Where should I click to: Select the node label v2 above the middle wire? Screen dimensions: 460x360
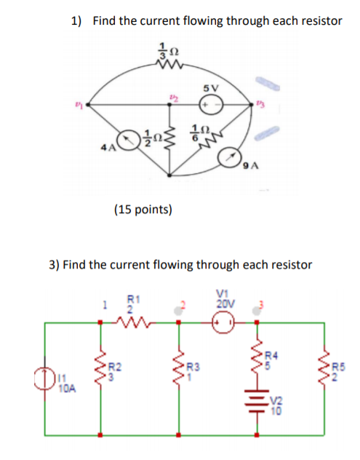coord(173,95)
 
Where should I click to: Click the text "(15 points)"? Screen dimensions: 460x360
coord(143,210)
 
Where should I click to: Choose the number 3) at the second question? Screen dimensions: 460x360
coord(55,264)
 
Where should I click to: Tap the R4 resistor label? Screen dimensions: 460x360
coord(269,357)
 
